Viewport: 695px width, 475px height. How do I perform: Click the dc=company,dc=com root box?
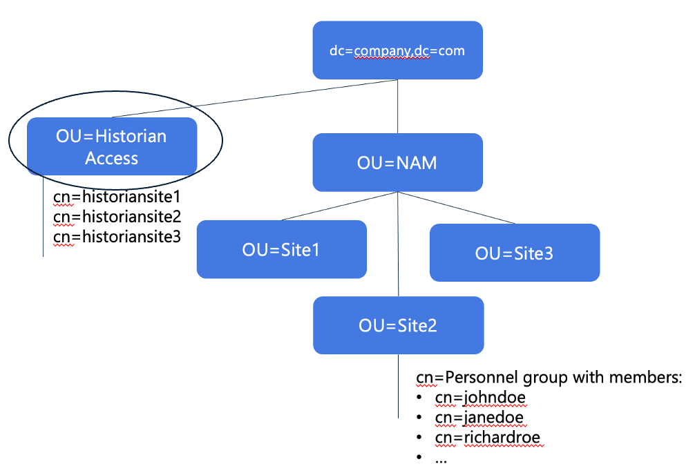(x=397, y=50)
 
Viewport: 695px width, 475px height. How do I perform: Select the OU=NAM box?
(x=397, y=163)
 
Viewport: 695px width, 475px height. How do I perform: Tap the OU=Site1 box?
(x=281, y=249)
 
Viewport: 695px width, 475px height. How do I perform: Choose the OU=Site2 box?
(x=397, y=325)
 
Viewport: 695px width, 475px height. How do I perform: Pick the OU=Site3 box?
(x=515, y=253)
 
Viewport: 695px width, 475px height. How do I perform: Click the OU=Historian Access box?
(x=112, y=146)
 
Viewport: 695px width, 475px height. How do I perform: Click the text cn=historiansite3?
(x=117, y=237)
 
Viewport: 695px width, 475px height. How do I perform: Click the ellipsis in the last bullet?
(x=441, y=457)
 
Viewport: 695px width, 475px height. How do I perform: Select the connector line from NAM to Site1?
(x=339, y=206)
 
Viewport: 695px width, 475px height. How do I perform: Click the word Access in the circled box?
(x=112, y=158)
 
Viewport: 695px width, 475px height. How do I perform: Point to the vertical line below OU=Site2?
(x=398, y=387)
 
